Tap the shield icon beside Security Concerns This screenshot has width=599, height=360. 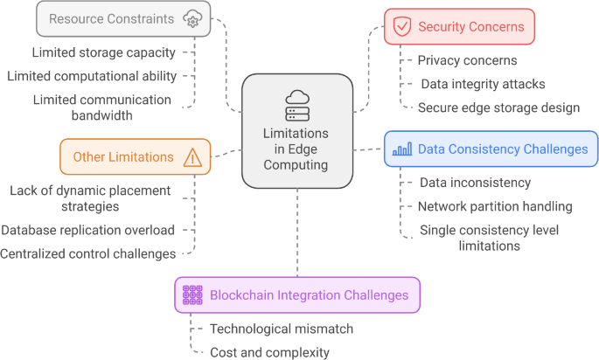tap(402, 27)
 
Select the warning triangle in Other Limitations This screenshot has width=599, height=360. tap(192, 157)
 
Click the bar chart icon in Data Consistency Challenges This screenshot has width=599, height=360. tap(402, 149)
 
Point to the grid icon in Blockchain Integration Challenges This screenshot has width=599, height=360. tap(192, 295)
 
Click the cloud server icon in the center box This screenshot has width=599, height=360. tap(297, 105)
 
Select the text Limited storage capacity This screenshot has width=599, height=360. tap(103, 53)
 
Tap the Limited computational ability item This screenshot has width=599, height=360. tap(92, 76)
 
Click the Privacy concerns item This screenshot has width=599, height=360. tap(467, 60)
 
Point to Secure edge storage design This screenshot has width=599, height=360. tap(498, 107)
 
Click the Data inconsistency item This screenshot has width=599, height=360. tap(475, 183)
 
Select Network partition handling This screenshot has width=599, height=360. tap(495, 206)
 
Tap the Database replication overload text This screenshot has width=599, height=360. tap(87, 230)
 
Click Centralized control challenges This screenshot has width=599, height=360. tap(87, 253)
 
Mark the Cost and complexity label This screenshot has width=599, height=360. tap(269, 352)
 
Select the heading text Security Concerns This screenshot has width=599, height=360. tap(471, 27)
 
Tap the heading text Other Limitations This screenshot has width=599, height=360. tap(123, 157)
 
